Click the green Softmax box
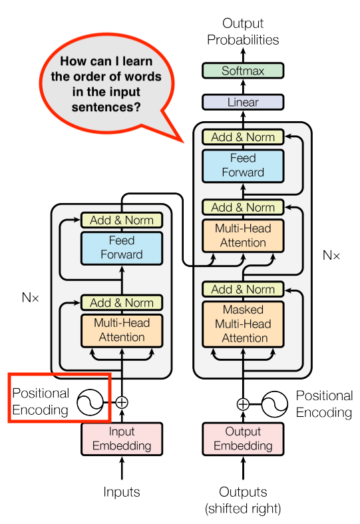pos(242,71)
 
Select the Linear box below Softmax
pos(242,102)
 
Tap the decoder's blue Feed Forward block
pos(242,166)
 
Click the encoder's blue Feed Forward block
pos(121,247)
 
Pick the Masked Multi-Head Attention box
pos(242,324)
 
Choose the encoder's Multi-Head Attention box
pos(121,330)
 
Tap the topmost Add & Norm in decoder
pos(242,137)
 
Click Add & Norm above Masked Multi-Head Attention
pos(242,289)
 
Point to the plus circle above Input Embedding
pos(122,402)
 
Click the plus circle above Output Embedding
pos(243,403)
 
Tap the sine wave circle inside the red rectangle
pos(89,402)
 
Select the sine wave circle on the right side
pos(273,403)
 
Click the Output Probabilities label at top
pos(242,32)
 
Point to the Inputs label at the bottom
pos(122,493)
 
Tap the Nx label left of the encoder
pos(31,298)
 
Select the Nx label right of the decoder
pos(331,255)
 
